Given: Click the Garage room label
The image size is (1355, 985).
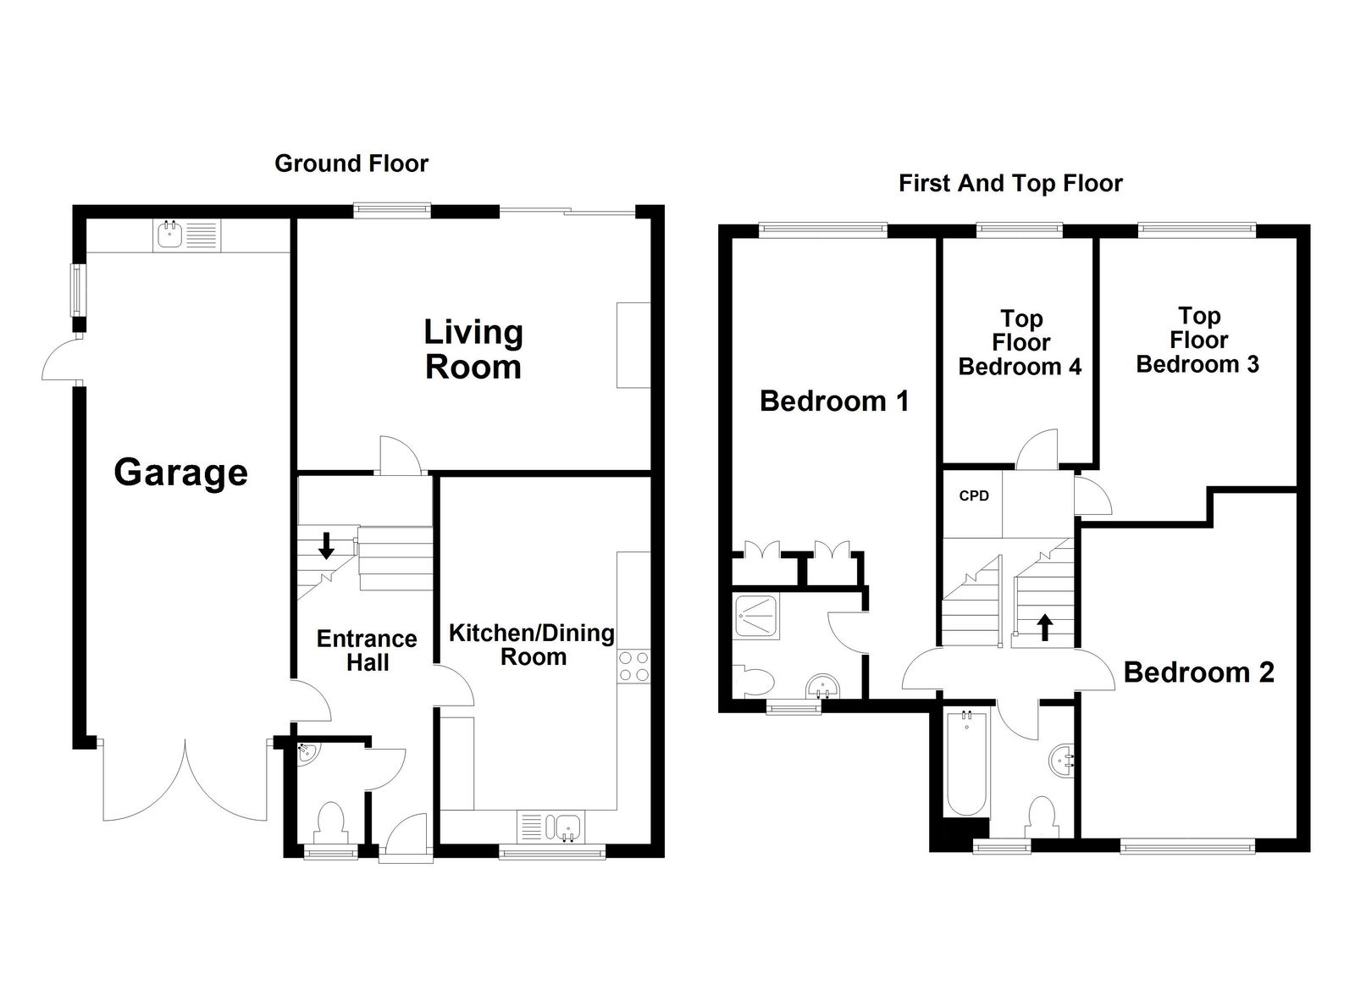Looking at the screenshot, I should [180, 473].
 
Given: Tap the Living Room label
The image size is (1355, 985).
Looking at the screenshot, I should [473, 349].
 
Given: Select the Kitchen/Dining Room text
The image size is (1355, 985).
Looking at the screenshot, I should [532, 645].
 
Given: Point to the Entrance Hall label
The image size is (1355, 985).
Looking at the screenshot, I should [367, 650].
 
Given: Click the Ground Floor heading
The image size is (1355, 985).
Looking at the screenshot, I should [351, 163].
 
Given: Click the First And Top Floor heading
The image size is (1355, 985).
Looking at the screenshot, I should [1010, 183].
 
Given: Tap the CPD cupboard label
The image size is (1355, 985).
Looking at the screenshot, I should [973, 496].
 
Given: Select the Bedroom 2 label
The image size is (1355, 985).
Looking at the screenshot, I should [1198, 672].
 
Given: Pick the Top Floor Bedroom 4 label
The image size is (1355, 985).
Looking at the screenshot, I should [1020, 343].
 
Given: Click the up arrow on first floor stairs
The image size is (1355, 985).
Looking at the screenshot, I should [1045, 627].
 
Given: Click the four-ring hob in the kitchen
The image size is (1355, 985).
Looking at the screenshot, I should [633, 666].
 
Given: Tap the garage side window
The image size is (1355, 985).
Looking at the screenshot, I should [77, 289].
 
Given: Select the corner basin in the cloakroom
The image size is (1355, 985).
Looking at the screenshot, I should [307, 752].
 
